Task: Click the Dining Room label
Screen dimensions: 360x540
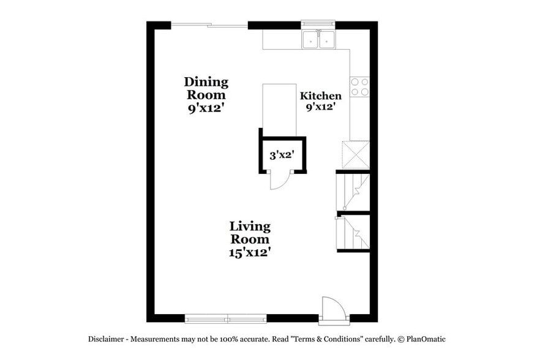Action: [206, 88]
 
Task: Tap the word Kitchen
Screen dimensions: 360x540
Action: [320, 96]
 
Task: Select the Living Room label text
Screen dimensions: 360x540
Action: [249, 232]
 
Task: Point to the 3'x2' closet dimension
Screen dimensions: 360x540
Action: [283, 156]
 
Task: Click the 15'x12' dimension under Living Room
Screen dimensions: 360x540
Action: [250, 252]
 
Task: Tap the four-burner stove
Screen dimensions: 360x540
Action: [359, 87]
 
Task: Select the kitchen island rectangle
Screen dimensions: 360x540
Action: [279, 109]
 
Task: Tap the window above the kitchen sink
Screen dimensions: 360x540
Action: [318, 25]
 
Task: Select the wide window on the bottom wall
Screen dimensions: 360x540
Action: [226, 318]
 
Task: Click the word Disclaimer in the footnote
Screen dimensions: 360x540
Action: [108, 339]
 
